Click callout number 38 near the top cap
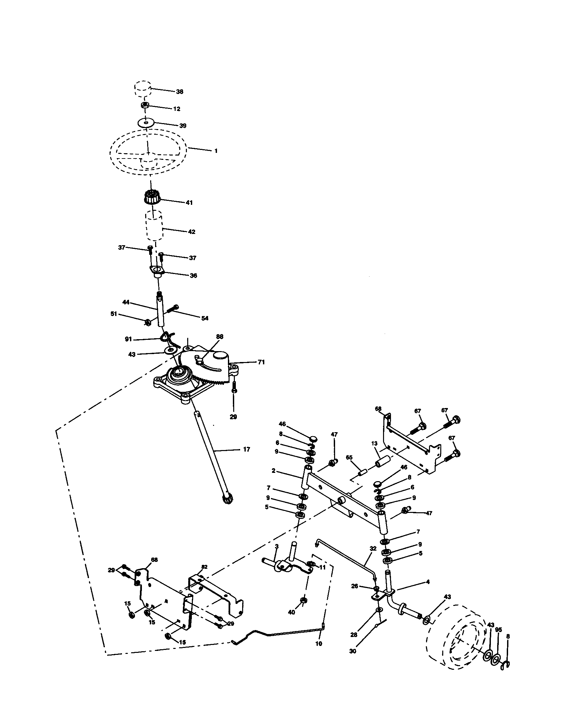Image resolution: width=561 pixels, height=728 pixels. coord(180,92)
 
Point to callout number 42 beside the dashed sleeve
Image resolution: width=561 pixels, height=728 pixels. coord(192,232)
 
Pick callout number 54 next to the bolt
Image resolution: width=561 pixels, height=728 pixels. coord(205,318)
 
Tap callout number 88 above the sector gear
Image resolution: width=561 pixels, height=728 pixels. coord(220,337)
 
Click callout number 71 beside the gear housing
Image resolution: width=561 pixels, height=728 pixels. coord(261,362)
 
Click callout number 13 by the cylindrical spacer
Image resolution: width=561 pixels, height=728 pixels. coord(374,443)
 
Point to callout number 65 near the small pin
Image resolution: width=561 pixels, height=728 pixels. coord(349,457)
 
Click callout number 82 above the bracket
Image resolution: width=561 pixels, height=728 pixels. coord(204,567)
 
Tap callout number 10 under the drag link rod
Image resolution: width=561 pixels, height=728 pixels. coord(319,644)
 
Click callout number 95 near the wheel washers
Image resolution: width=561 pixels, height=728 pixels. coord(498,630)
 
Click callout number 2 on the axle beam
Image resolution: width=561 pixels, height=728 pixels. coord(274,471)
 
